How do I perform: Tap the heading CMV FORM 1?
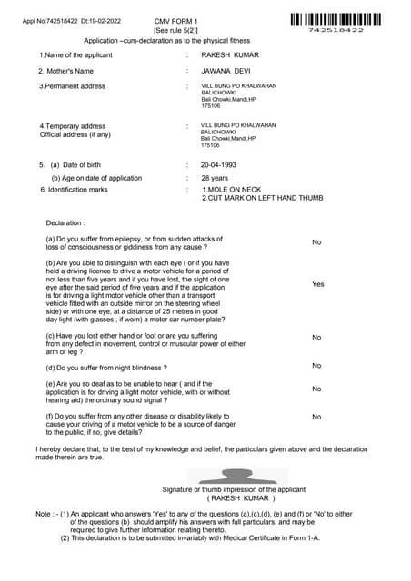click(x=175, y=20)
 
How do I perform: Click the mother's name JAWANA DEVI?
click(x=225, y=70)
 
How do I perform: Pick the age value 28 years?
click(x=215, y=178)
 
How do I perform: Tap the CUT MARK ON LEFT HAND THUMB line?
click(x=262, y=198)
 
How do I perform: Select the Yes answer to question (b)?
click(x=317, y=284)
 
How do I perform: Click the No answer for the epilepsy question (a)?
click(x=316, y=242)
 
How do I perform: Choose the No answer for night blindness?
click(x=316, y=366)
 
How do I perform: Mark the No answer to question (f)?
click(x=316, y=417)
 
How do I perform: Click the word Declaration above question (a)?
click(x=65, y=222)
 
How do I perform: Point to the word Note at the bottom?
click(x=44, y=514)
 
